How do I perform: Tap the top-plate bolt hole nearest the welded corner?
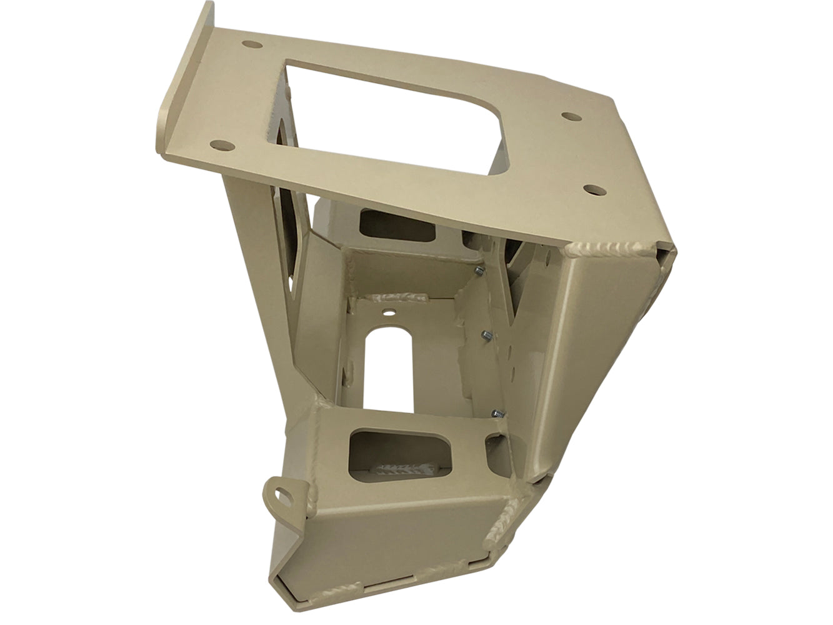(591, 187)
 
